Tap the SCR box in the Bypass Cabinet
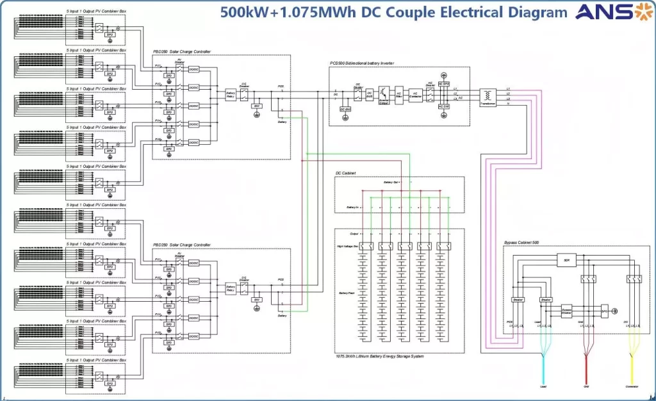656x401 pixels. click(566, 261)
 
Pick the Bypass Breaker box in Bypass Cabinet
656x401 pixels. click(566, 311)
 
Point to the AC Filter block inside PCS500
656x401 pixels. click(398, 94)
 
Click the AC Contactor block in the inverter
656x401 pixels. click(415, 94)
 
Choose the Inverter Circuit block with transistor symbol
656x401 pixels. click(384, 94)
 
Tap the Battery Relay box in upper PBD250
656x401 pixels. click(231, 94)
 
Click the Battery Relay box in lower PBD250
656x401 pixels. click(231, 288)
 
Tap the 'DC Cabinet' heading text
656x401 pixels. click(345, 174)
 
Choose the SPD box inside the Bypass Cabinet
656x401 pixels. click(603, 311)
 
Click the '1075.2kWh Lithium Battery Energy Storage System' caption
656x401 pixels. click(379, 356)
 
